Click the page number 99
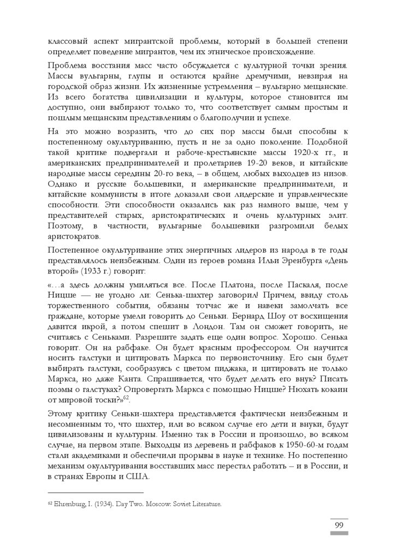pos(338,526)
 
